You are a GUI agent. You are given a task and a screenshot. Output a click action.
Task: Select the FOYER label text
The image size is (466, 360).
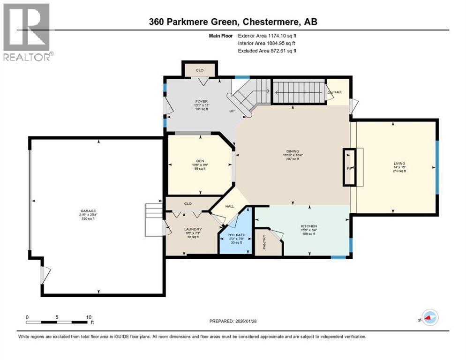tap(202, 101)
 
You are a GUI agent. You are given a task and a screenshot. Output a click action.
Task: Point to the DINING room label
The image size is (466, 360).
tap(291, 151)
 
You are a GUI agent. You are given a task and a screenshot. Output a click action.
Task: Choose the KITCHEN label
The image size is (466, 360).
tap(309, 226)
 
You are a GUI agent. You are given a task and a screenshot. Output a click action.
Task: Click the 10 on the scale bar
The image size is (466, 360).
tap(88, 317)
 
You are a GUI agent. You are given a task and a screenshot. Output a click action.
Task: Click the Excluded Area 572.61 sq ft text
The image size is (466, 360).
tap(267, 51)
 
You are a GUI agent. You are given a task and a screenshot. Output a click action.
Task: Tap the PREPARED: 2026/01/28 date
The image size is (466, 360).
tap(233, 321)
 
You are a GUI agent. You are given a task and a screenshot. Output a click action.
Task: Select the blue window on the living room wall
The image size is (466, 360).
tap(437, 167)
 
